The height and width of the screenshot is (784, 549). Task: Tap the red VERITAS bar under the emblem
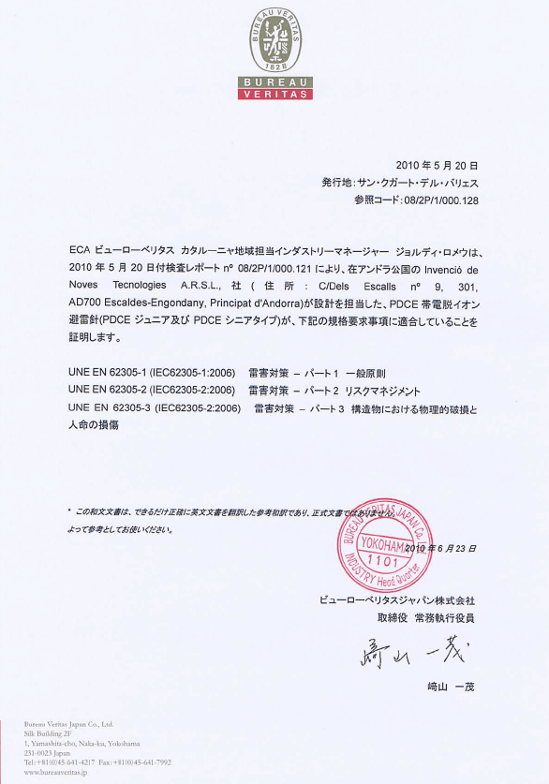pos(274,94)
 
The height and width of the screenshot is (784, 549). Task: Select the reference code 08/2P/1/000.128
pos(440,200)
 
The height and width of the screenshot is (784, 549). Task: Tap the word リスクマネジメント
pos(383,391)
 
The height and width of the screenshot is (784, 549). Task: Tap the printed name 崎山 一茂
pos(451,687)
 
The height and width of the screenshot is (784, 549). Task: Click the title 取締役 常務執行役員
pos(426,618)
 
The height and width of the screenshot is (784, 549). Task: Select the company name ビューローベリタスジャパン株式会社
pos(398,599)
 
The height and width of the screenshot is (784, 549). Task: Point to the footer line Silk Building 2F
pos(50,733)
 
